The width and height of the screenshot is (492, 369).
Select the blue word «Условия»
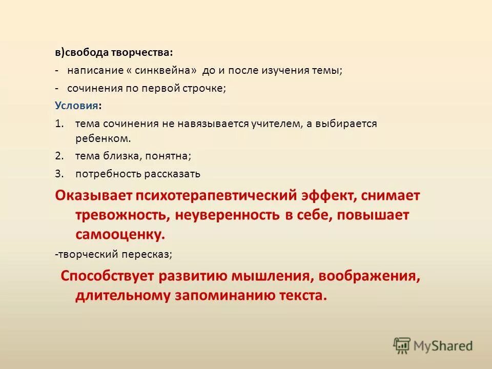point(77,106)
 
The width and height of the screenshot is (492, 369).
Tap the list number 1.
point(58,124)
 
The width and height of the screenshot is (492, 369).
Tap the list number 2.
point(58,156)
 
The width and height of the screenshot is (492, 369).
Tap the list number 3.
point(58,174)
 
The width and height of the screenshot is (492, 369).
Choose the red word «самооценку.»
point(120,234)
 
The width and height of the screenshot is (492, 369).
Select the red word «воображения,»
point(369,276)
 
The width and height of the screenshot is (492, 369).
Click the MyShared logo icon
point(402,346)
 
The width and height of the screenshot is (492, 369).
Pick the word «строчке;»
point(204,88)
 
